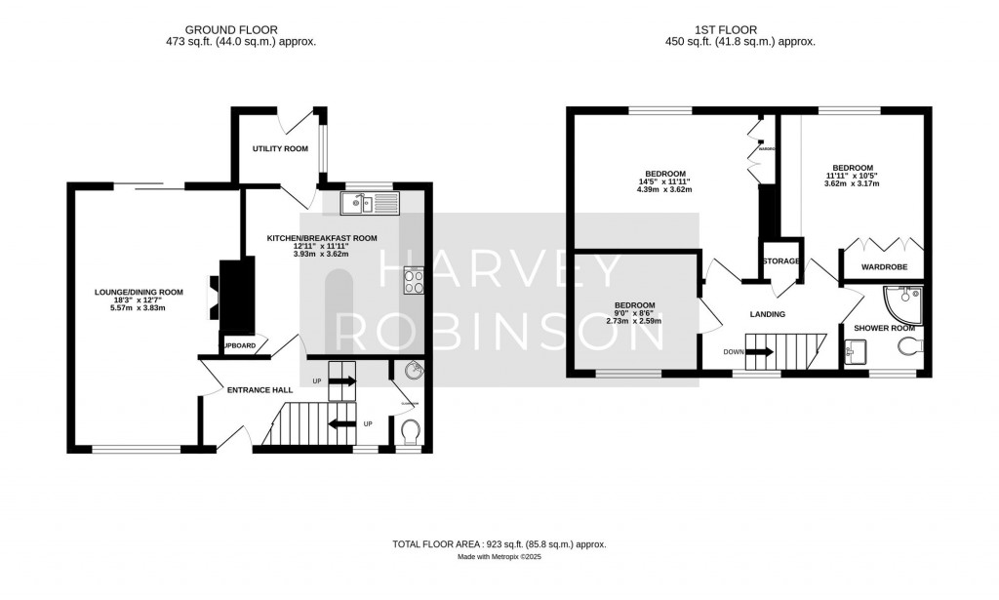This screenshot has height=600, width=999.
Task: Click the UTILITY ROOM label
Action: [x=280, y=149]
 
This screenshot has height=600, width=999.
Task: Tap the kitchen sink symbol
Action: [x=371, y=203]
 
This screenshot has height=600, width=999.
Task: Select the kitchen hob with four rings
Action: [x=414, y=281]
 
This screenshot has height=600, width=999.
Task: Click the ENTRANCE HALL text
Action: [x=260, y=390]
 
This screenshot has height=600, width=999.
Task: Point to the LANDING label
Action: [x=768, y=314]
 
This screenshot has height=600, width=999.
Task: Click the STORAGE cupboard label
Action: [x=781, y=261]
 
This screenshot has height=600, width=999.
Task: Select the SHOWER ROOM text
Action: [x=884, y=328]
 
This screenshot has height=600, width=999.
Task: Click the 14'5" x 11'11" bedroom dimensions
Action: [x=663, y=181]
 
